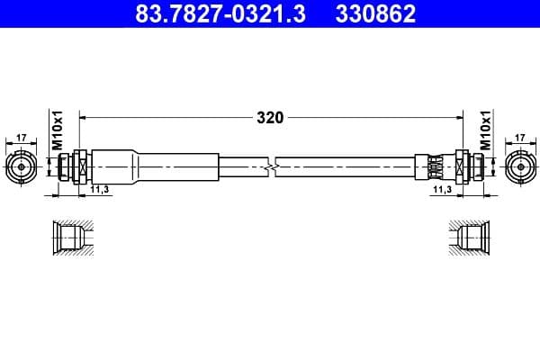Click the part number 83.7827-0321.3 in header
[209, 14]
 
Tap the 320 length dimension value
[270, 117]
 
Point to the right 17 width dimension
[519, 139]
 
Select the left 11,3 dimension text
[99, 191]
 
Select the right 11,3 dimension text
[441, 191]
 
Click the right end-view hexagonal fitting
[519, 166]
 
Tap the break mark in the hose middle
[271, 166]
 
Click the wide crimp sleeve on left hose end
[153, 166]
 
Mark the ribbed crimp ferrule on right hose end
[434, 166]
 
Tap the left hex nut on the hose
[78, 166]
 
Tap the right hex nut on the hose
[463, 166]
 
